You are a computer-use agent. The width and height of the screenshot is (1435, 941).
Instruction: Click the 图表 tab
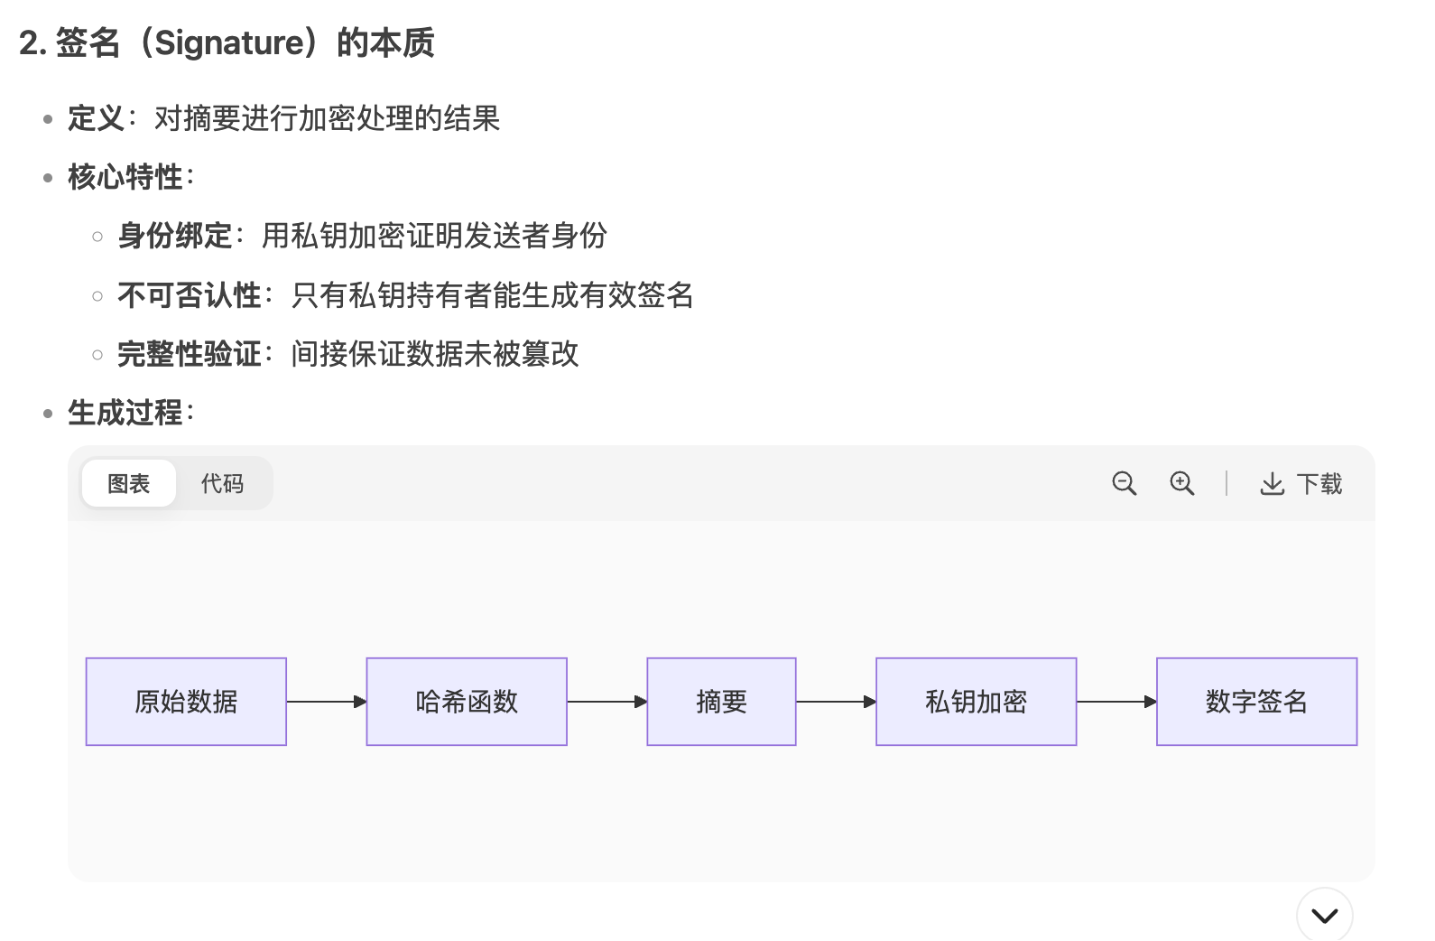(x=128, y=484)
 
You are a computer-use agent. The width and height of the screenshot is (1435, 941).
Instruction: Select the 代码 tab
(x=222, y=484)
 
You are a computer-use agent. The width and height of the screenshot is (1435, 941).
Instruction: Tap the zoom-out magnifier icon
(x=1124, y=483)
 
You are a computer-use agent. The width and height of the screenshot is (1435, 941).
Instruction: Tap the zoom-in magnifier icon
(x=1181, y=483)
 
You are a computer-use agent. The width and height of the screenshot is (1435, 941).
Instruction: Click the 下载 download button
(x=1301, y=484)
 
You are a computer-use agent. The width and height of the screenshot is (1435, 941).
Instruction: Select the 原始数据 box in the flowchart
(x=186, y=702)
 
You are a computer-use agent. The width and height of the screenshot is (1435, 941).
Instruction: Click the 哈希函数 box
(x=467, y=702)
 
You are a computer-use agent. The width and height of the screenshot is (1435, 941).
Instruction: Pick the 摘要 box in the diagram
(x=721, y=702)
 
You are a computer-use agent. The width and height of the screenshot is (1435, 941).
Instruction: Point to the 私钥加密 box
(x=976, y=702)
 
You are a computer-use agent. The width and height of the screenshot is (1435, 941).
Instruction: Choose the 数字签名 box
(x=1256, y=702)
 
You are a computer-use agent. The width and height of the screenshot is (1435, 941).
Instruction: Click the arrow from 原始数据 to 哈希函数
(x=326, y=702)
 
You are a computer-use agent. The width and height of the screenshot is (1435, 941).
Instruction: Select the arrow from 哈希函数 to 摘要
(x=606, y=702)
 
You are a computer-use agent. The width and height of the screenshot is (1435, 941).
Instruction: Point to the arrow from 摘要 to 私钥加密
(x=836, y=702)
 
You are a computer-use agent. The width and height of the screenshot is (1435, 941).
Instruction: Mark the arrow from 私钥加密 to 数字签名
(x=1116, y=702)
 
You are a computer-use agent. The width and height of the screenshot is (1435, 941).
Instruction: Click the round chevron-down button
(x=1324, y=916)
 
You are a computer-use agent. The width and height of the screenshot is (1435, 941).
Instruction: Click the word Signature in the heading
(x=230, y=42)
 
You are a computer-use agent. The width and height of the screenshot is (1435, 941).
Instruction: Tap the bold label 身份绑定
(x=175, y=236)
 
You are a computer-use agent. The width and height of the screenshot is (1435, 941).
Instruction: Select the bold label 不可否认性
(x=190, y=295)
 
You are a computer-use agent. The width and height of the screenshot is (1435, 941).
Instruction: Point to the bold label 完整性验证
(x=190, y=354)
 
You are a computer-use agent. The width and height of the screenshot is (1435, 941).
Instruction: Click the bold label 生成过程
(x=125, y=413)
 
